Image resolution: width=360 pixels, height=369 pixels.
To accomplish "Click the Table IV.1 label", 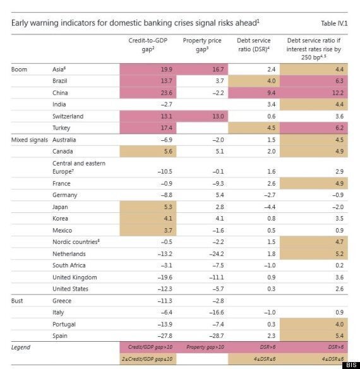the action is tap(334, 23).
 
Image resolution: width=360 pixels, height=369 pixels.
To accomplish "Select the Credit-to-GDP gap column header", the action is tap(148, 45).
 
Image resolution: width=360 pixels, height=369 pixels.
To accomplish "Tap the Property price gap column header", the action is tap(202, 45).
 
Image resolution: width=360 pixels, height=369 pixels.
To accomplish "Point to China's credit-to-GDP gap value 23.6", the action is tap(166, 93).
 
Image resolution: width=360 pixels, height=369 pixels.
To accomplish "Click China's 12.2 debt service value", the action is tap(338, 93).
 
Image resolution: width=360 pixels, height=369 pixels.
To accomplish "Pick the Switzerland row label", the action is tap(68, 116).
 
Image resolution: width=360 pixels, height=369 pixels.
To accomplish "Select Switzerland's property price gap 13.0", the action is tap(218, 116).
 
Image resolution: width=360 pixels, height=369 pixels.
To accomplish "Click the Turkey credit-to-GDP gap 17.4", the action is tap(166, 128).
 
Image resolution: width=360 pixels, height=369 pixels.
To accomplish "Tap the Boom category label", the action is tap(19, 70).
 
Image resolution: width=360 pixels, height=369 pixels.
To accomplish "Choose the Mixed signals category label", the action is tap(30, 140).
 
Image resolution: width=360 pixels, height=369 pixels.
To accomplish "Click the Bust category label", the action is tap(17, 301).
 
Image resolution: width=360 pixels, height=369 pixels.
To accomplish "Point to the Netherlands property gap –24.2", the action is tap(217, 254).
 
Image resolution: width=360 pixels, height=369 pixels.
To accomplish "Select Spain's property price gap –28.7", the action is tap(217, 336).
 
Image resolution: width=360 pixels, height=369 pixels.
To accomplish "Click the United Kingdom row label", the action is tap(75, 277).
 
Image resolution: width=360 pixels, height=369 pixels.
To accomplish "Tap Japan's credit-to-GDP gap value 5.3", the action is tap(168, 207).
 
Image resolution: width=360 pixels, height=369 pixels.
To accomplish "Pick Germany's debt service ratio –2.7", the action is tap(270, 195).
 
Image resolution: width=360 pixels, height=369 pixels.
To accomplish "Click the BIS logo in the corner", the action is tap(352, 365).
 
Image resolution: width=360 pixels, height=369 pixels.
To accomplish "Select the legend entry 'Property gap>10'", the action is tap(205, 347).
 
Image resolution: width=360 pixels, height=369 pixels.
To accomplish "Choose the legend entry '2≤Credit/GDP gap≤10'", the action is tap(147, 359).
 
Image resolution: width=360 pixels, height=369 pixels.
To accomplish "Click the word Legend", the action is tap(21, 348).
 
